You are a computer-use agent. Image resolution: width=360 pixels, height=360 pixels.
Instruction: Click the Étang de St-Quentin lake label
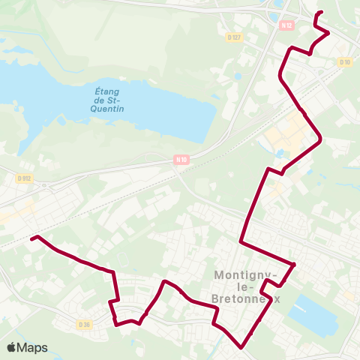click(109, 100)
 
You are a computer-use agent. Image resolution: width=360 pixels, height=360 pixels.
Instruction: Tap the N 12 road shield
click(286, 25)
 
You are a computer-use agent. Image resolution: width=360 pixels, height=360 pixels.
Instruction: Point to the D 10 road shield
click(344, 61)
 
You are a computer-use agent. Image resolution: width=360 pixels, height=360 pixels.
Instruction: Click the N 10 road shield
click(180, 158)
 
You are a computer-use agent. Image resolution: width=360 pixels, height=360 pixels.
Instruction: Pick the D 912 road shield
click(24, 178)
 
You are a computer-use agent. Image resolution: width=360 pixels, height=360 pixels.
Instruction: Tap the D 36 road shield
click(84, 324)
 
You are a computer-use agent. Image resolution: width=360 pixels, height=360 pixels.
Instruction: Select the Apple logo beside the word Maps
click(12, 347)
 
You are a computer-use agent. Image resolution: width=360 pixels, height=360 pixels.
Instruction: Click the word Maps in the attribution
click(32, 347)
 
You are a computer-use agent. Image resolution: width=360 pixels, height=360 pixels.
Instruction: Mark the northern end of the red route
click(321, 12)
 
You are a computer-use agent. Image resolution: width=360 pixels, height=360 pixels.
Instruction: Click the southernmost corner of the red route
click(241, 348)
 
